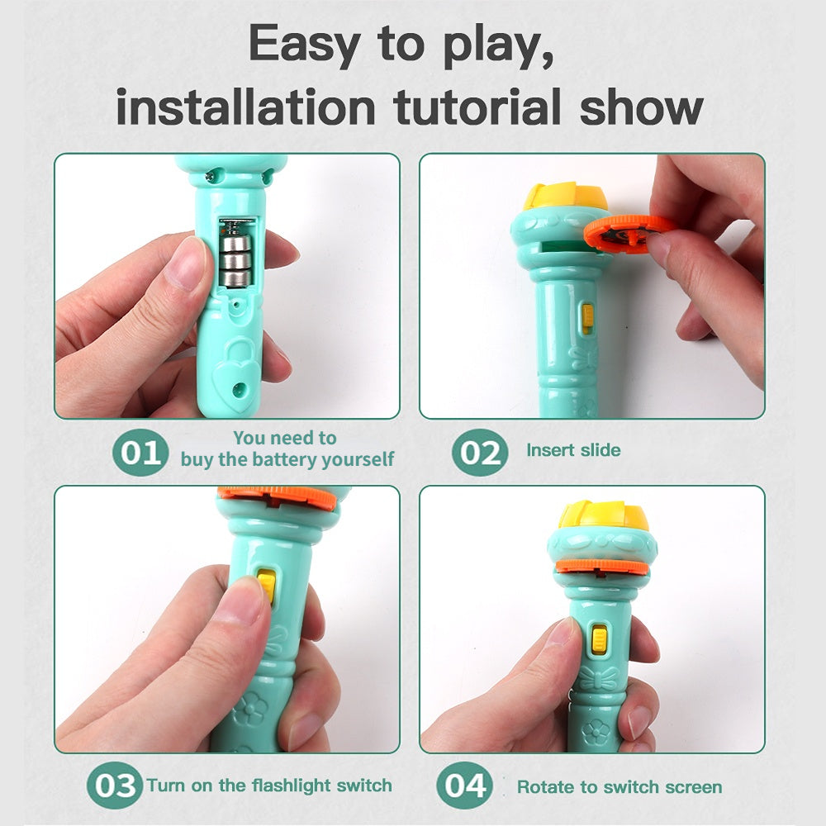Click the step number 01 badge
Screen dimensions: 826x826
click(140, 453)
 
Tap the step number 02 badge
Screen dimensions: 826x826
click(480, 453)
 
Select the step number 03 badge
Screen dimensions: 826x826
click(114, 785)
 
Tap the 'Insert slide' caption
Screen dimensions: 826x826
click(573, 450)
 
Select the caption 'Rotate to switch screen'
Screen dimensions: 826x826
click(619, 786)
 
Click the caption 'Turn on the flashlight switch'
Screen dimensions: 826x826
click(269, 785)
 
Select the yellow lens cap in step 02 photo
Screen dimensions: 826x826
click(564, 197)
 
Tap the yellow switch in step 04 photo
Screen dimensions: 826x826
click(598, 640)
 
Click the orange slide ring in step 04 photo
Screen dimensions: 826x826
click(601, 567)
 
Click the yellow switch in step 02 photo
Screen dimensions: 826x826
click(587, 318)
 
